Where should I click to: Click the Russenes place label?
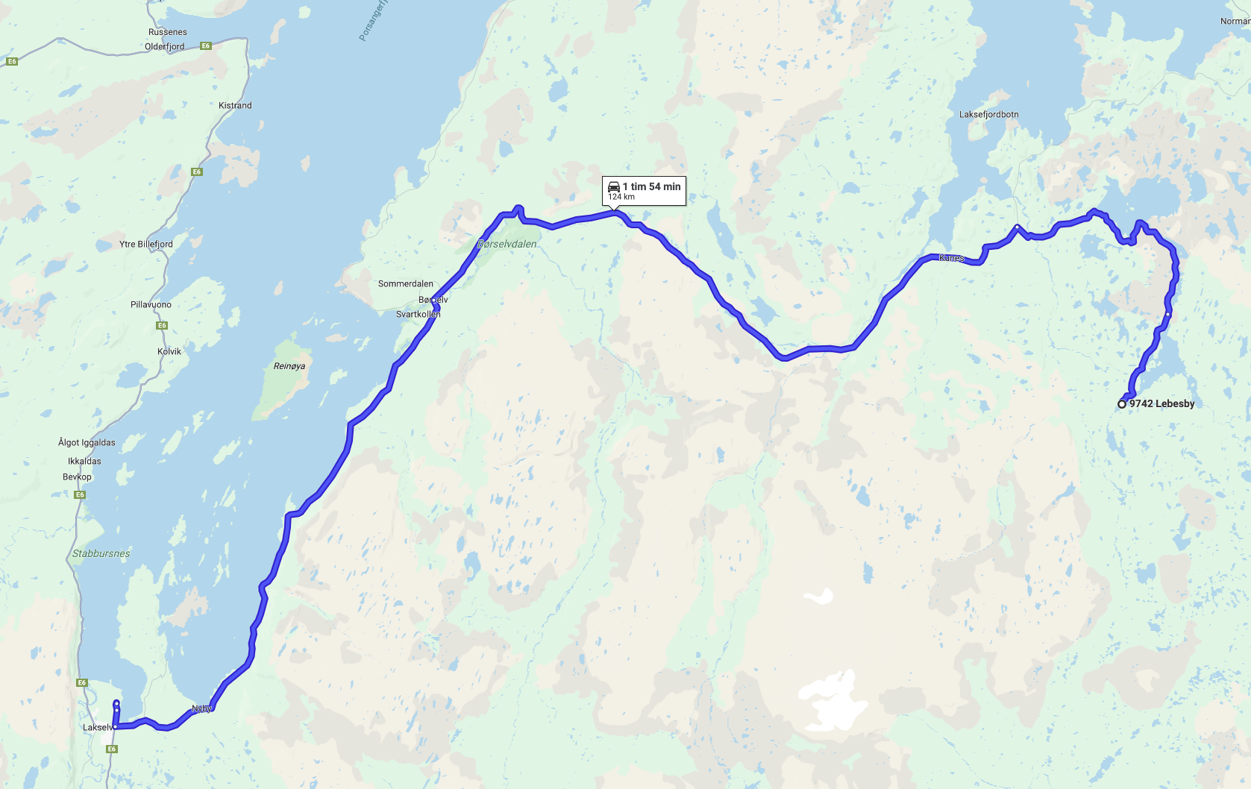pyautogui.click(x=168, y=32)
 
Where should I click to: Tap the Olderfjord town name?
pyautogui.click(x=165, y=46)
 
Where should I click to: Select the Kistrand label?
pyautogui.click(x=235, y=105)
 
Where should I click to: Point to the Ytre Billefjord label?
pyautogui.click(x=146, y=244)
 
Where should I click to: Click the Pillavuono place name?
pyautogui.click(x=151, y=304)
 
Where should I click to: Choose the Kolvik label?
pyautogui.click(x=169, y=351)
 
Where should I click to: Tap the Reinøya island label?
pyautogui.click(x=289, y=366)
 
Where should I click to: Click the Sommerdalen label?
pyautogui.click(x=406, y=283)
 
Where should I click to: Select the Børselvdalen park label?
pyautogui.click(x=507, y=244)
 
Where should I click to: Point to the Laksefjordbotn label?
pyautogui.click(x=989, y=114)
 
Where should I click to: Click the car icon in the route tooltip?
pyautogui.click(x=614, y=186)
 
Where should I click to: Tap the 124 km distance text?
pyautogui.click(x=621, y=197)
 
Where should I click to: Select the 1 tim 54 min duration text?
pyautogui.click(x=652, y=186)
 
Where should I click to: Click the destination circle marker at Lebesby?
pyautogui.click(x=1122, y=404)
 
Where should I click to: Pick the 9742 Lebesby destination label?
pyautogui.click(x=1162, y=403)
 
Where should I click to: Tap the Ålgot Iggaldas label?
pyautogui.click(x=87, y=442)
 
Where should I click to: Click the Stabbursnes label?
pyautogui.click(x=101, y=553)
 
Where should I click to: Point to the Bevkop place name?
pyautogui.click(x=78, y=477)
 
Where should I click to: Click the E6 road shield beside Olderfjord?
pyautogui.click(x=206, y=46)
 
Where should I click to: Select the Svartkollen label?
pyautogui.click(x=418, y=314)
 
